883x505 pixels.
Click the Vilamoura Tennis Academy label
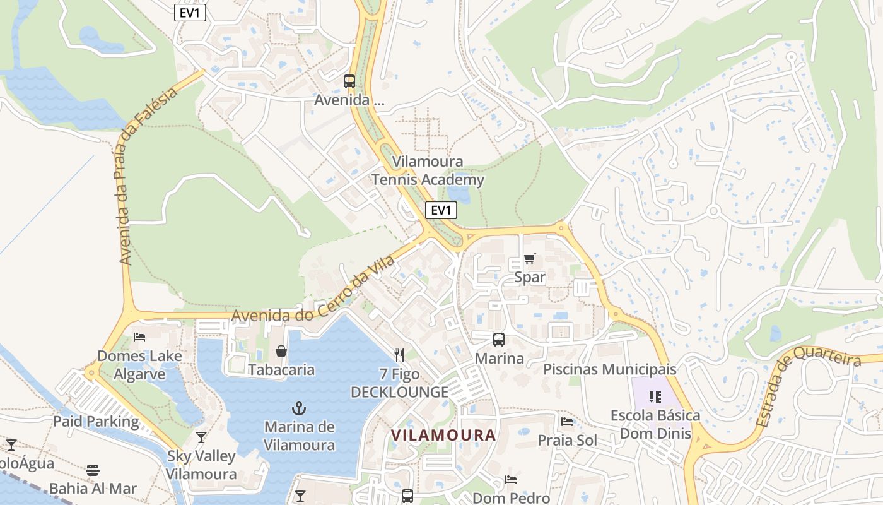point(428,171)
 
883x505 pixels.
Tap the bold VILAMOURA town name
point(443,435)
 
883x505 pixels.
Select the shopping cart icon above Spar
point(529,258)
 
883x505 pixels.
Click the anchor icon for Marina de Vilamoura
point(300,408)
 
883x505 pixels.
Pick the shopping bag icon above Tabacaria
point(281,351)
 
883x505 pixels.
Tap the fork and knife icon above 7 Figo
point(399,355)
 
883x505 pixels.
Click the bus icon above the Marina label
point(499,340)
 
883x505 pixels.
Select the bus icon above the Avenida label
point(349,81)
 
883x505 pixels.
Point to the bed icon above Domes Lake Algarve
point(139,336)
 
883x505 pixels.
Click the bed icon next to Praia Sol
point(567,422)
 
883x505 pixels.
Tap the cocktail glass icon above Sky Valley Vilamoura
point(201,437)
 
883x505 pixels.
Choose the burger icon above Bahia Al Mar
point(93,470)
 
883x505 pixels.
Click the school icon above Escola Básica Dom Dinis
point(655,397)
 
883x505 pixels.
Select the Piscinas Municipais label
point(609,369)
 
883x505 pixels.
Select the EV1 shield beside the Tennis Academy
point(441,210)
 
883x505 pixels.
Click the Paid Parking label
point(96,422)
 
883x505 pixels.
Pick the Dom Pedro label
point(511,498)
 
